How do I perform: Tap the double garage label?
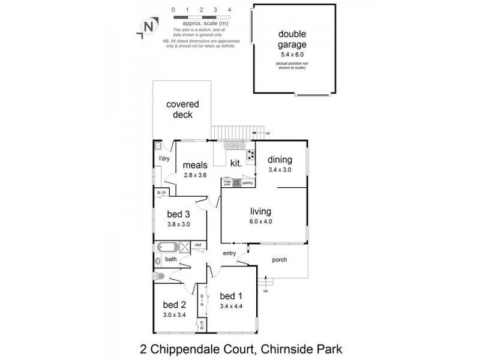292,39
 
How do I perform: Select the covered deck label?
182,109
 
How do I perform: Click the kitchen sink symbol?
232,145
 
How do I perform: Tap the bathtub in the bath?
167,247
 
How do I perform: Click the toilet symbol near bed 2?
158,276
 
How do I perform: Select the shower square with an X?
185,245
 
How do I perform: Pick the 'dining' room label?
280,160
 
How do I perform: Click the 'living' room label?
262,211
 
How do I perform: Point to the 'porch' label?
279,260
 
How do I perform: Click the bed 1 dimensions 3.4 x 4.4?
231,307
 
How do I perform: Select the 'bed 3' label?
178,215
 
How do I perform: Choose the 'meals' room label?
195,165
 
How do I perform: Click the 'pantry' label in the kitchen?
248,182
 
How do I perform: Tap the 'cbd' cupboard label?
197,245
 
